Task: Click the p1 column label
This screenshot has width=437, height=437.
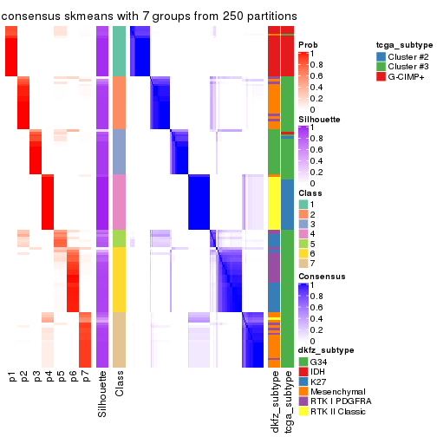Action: pos(12,377)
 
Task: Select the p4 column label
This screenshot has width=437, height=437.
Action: pos(49,377)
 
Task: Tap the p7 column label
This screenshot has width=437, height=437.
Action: pos(85,377)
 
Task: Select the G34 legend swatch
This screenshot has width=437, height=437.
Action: pos(303,361)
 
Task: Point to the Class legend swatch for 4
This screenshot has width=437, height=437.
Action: pos(303,233)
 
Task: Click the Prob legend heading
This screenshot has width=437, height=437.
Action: pos(308,44)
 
